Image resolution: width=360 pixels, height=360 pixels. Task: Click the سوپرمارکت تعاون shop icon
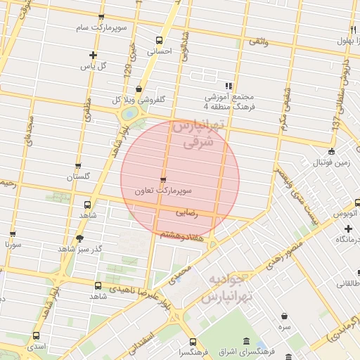click(164, 180)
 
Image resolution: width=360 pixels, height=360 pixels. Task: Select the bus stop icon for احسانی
click(158, 41)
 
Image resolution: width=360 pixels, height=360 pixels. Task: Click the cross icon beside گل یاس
click(92, 55)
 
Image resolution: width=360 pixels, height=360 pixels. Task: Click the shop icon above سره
click(284, 316)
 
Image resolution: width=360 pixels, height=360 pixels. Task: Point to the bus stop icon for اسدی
click(36, 336)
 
